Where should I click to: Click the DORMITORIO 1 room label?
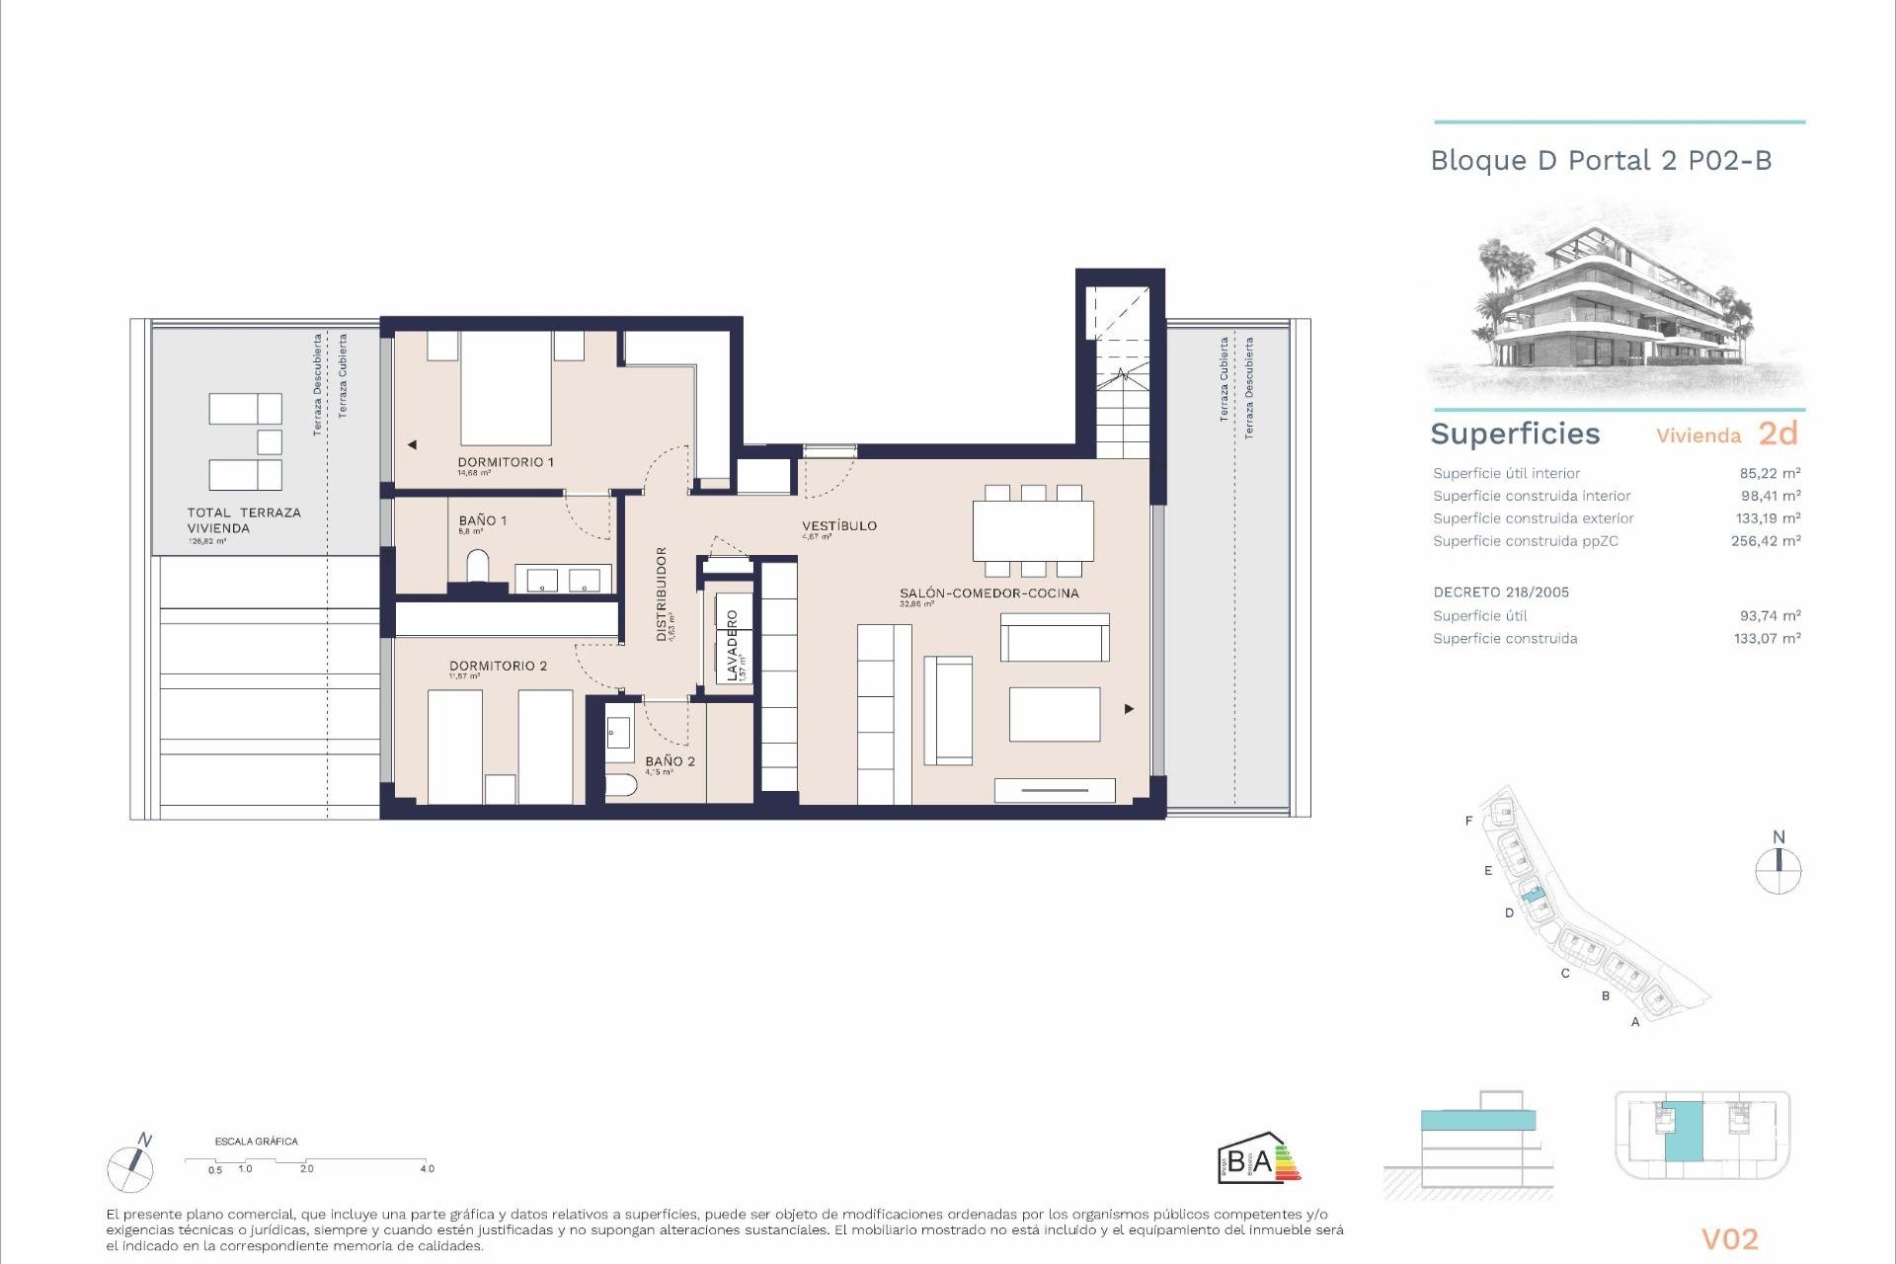tap(505, 462)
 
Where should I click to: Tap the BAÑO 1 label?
tap(482, 520)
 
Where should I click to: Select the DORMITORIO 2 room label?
tap(498, 666)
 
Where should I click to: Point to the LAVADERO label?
tap(732, 645)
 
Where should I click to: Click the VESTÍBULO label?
tap(838, 525)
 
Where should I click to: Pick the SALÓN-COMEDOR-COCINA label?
tap(988, 593)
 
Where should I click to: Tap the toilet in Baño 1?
tap(477, 567)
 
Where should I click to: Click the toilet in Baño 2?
tap(620, 786)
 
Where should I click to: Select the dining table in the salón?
tap(1033, 531)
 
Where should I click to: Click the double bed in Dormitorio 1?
tap(506, 387)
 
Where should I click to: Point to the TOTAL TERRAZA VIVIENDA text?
tap(244, 520)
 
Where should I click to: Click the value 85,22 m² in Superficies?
tap(1770, 473)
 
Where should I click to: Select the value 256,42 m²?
tap(1765, 541)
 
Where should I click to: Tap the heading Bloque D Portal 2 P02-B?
tap(1601, 161)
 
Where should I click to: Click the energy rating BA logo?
tap(1258, 1159)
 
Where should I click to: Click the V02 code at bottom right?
tap(1729, 1239)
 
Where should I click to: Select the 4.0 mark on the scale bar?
tap(427, 1169)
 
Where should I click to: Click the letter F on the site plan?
tap(1468, 821)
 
